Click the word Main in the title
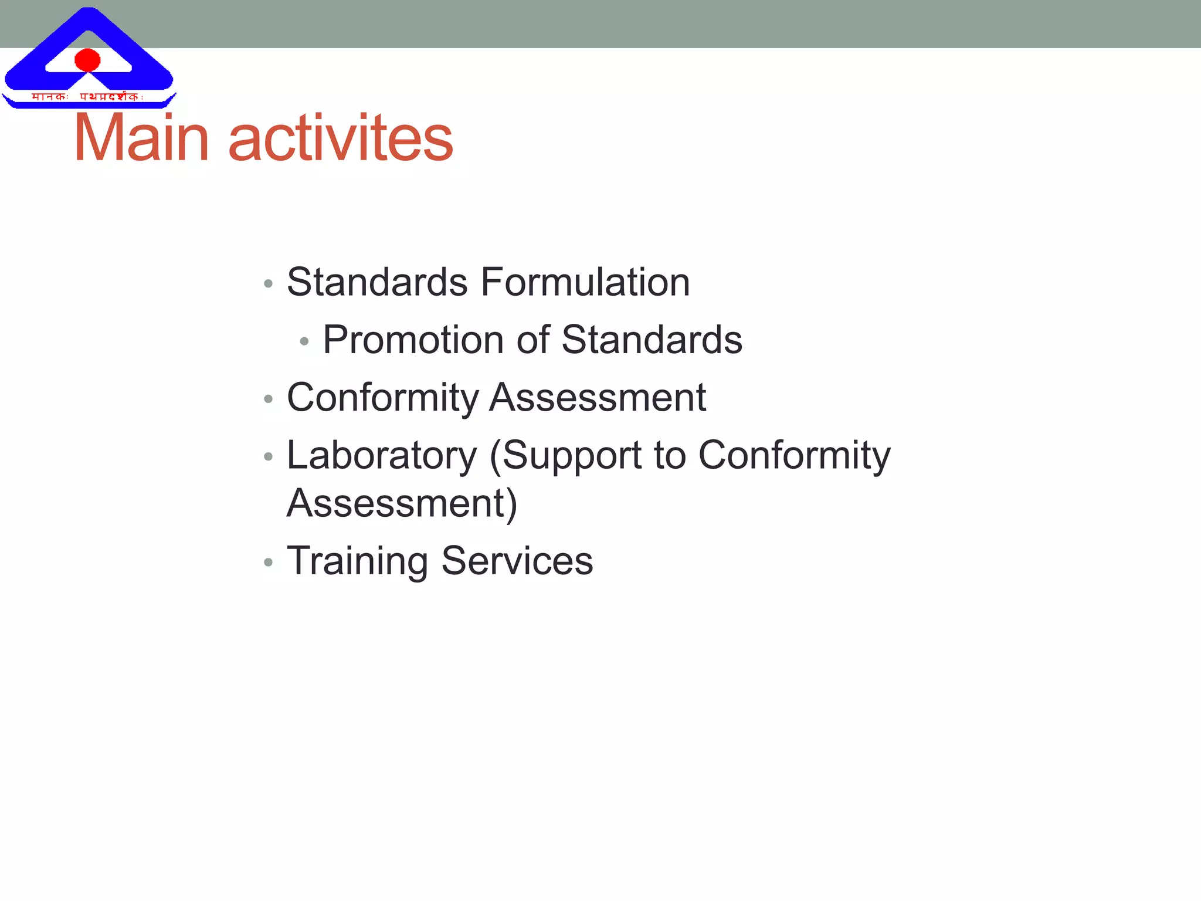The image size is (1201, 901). point(141,138)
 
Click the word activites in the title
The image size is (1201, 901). point(340,138)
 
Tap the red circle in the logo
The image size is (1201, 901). point(88,60)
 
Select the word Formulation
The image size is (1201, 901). point(585,282)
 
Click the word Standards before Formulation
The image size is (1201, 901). point(377,282)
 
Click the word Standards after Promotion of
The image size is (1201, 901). point(652,340)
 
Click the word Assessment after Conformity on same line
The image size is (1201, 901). point(598,398)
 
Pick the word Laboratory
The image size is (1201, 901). point(382,456)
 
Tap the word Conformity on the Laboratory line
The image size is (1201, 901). point(794,456)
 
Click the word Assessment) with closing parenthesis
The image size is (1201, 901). point(402,503)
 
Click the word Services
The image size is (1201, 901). point(517,561)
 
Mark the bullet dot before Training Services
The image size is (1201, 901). point(269,563)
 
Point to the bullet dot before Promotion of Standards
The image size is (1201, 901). point(304,341)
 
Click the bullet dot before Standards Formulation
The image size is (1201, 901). point(269,284)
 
